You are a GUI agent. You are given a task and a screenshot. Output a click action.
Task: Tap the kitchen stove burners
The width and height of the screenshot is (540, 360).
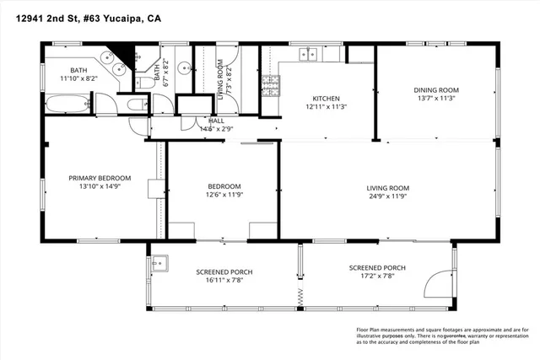pyautogui.click(x=271, y=85)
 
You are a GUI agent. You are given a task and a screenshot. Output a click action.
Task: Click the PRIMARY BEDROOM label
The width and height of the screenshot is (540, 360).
pyautogui.click(x=100, y=178)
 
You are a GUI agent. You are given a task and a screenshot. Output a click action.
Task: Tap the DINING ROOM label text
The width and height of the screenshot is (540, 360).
pyautogui.click(x=435, y=89)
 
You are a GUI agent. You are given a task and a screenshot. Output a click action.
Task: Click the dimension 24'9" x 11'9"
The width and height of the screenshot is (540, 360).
pyautogui.click(x=387, y=196)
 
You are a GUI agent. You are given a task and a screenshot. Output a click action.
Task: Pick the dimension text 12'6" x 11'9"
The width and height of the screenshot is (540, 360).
pyautogui.click(x=224, y=196)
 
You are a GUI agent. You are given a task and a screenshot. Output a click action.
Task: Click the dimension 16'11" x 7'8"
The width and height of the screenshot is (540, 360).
pyautogui.click(x=224, y=282)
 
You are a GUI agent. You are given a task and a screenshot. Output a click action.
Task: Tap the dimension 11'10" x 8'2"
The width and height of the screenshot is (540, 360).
pyautogui.click(x=78, y=78)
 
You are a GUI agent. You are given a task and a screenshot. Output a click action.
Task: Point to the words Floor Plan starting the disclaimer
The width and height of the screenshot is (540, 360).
pyautogui.click(x=361, y=329)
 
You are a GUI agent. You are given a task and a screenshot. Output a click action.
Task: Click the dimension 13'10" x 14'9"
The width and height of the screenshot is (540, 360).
pyautogui.click(x=100, y=187)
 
